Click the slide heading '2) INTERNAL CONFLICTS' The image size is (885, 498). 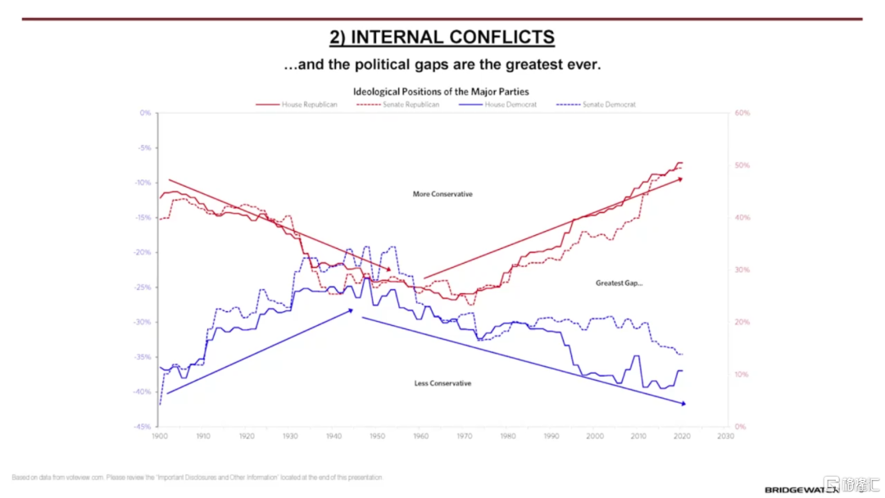[x=442, y=37]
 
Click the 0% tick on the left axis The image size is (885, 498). [x=145, y=113]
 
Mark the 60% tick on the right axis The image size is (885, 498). [x=742, y=113]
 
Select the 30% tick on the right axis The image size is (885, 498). [x=742, y=270]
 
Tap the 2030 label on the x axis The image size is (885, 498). [x=725, y=437]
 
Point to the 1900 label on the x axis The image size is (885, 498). [x=160, y=437]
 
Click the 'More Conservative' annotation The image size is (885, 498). [x=442, y=194]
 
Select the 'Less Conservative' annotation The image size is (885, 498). [x=442, y=383]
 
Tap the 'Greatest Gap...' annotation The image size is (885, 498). [x=619, y=283]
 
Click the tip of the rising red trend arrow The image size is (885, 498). [x=683, y=178]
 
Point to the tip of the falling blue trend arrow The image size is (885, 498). [x=684, y=404]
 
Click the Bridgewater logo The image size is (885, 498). [x=801, y=490]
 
